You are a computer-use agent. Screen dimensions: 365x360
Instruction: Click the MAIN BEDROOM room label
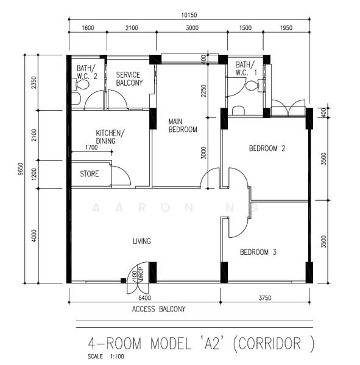click(182, 125)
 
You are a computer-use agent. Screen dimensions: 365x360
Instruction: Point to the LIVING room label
click(142, 242)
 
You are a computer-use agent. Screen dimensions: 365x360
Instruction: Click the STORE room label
click(90, 174)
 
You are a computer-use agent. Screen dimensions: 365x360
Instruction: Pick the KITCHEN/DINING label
click(110, 137)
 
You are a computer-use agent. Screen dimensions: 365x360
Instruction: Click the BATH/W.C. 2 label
click(86, 72)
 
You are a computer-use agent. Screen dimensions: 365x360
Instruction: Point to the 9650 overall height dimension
click(20, 169)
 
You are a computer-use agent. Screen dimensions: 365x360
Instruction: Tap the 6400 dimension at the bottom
click(144, 297)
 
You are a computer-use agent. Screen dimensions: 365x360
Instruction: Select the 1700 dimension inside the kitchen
click(91, 147)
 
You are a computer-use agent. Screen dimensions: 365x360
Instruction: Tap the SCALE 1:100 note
click(104, 356)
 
